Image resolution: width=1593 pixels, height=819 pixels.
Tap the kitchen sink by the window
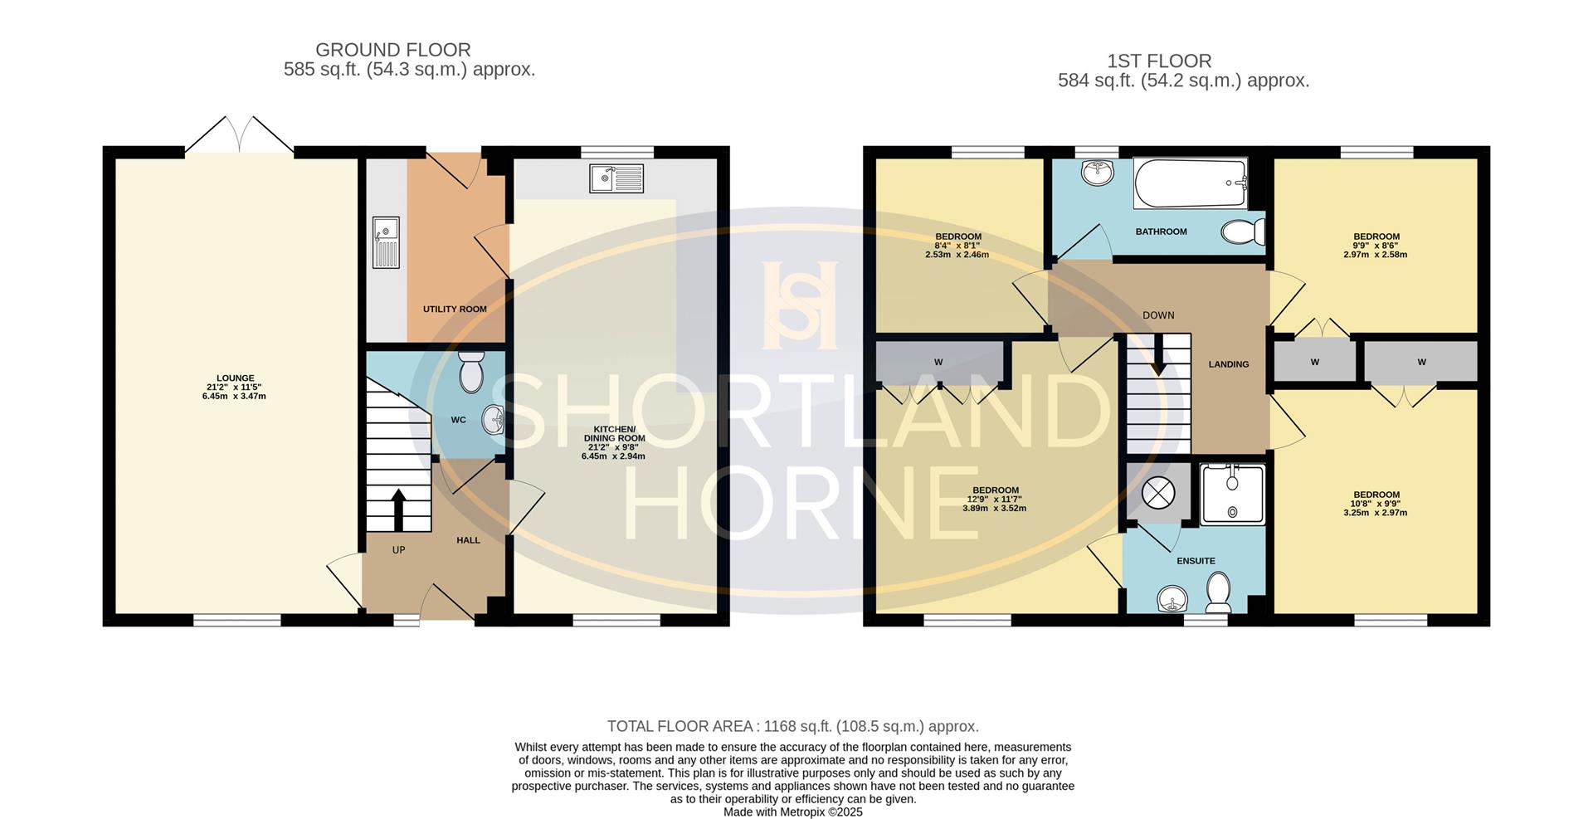coord(616,178)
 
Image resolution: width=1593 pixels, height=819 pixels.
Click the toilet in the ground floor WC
coord(472,372)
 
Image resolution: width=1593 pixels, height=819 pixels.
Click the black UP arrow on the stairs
coord(398,509)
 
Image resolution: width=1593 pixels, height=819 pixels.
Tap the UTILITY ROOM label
coord(455,310)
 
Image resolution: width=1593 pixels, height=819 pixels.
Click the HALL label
coord(468,540)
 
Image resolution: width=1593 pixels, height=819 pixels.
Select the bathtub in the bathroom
coord(1191,184)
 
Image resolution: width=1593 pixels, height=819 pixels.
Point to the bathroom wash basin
coord(1098,173)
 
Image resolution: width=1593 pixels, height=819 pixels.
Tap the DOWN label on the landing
coord(1158,315)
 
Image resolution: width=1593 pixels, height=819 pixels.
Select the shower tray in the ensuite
coord(1233,495)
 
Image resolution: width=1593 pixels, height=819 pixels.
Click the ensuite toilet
coord(1218,595)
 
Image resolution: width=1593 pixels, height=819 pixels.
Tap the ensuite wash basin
coord(1172,599)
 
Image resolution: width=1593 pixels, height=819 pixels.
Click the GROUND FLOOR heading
coord(393,51)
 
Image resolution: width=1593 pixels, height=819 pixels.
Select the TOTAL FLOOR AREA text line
coord(793,727)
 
